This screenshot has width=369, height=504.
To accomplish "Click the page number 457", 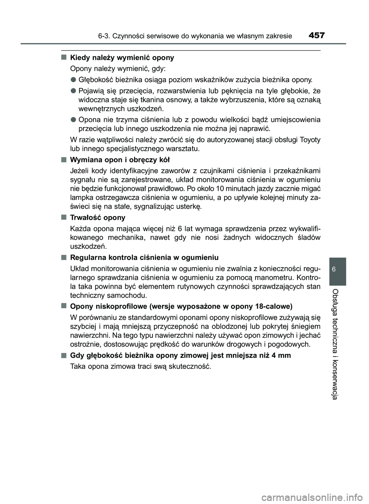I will click(x=316, y=36).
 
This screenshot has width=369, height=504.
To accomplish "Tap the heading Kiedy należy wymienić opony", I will click(x=122, y=58).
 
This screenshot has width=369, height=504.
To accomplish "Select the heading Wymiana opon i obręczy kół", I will click(x=120, y=160).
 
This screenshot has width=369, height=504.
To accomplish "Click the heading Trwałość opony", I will click(x=98, y=218).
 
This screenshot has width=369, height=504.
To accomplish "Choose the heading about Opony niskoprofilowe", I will click(x=181, y=306).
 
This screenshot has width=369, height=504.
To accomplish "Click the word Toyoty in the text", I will click(x=309, y=139).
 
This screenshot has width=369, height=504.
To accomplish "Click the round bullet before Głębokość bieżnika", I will click(x=73, y=80).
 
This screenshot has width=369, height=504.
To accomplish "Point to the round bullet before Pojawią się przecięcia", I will click(x=73, y=91).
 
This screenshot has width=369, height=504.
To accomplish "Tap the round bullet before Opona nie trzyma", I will click(x=73, y=119).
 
